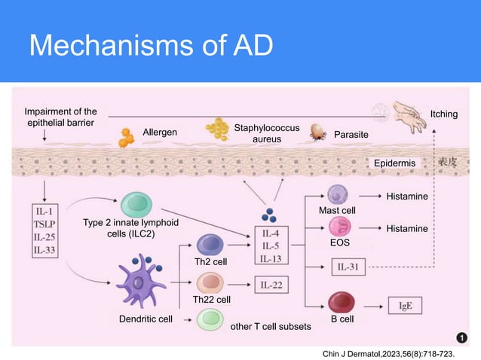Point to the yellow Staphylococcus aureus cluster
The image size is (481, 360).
coord(219,129)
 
